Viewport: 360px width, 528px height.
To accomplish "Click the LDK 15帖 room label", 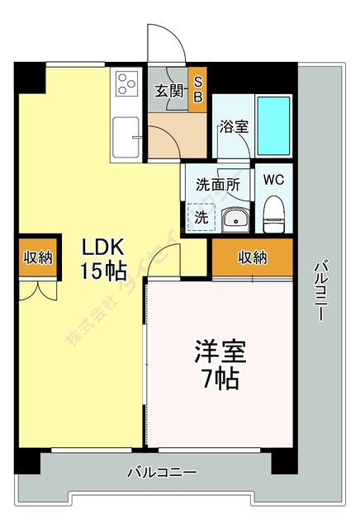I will click(x=102, y=257).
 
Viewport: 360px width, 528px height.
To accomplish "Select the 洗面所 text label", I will click(x=217, y=185).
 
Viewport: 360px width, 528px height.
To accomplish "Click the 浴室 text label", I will click(x=234, y=127).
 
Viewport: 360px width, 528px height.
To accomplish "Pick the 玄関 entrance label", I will click(x=169, y=92).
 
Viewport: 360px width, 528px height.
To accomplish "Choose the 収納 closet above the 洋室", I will click(x=253, y=257).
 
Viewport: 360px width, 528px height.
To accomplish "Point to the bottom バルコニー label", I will click(x=162, y=473).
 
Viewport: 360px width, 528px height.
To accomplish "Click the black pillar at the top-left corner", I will click(x=31, y=78).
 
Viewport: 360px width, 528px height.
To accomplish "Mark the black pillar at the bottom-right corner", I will click(x=284, y=460).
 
